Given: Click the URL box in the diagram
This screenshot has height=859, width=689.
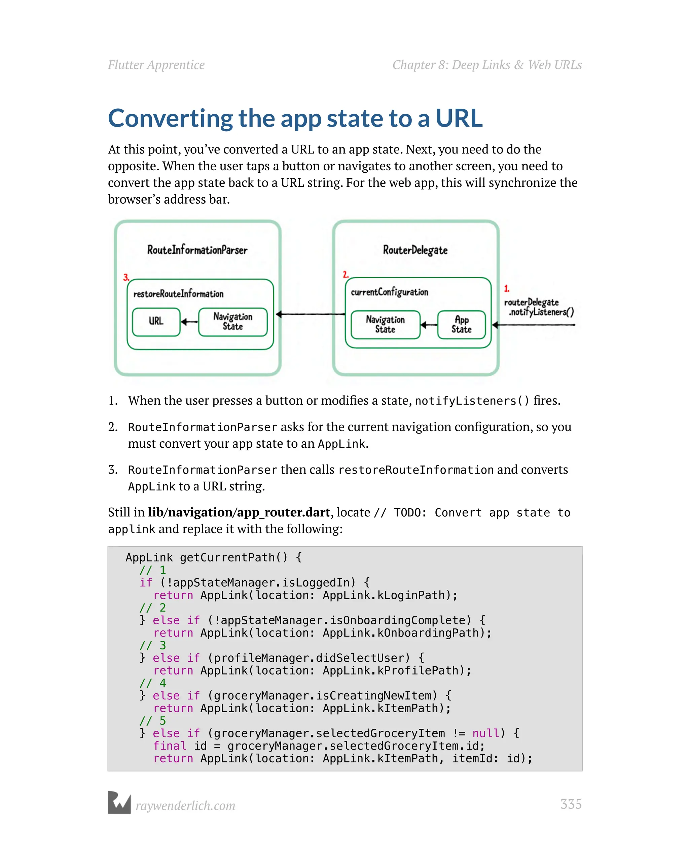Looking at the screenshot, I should tap(156, 321).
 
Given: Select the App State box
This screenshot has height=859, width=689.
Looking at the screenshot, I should tap(461, 325).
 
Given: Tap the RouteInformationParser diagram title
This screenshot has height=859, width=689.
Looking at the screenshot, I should tap(197, 250).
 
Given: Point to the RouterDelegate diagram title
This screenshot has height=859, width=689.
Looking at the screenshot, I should tap(415, 250).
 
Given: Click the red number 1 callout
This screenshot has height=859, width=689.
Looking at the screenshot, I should tap(506, 288).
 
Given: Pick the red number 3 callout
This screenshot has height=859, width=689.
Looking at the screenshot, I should tap(126, 277).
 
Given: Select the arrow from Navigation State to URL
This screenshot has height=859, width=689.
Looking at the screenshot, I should tap(189, 322).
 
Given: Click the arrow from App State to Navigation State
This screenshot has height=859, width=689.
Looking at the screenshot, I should tap(429, 325).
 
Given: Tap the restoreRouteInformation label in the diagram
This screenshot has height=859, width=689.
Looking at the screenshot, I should tap(178, 294).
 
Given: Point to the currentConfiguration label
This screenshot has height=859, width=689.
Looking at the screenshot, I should tap(389, 292).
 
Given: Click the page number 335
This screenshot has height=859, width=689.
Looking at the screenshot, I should tap(571, 804).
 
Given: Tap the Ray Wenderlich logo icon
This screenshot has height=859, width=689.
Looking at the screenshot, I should tap(119, 802).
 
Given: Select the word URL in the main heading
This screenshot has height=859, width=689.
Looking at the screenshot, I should tap(459, 118).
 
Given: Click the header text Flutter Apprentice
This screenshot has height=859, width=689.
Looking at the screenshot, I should tap(156, 65).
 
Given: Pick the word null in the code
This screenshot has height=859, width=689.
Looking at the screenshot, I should tap(485, 733).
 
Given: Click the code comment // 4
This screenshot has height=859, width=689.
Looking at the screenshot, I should tap(152, 683).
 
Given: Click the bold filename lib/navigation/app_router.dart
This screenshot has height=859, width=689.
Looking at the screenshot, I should tap(239, 512).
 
